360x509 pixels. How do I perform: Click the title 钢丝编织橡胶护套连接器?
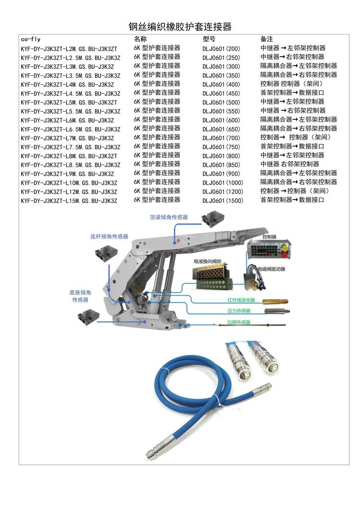[180, 26]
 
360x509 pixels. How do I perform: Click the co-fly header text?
[31, 39]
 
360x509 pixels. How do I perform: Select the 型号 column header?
[209, 39]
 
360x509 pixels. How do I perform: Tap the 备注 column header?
[266, 39]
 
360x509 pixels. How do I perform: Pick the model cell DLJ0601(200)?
[221, 48]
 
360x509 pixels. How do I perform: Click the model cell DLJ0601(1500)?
[223, 201]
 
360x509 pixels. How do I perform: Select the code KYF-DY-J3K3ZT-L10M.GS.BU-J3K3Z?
[69, 183]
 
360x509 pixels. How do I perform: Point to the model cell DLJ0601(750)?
[221, 147]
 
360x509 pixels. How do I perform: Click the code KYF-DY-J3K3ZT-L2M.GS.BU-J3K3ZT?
[69, 49]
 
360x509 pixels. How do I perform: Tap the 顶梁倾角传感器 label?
[168, 217]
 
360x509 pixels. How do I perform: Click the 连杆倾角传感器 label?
[109, 237]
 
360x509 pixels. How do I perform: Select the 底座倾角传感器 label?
[80, 296]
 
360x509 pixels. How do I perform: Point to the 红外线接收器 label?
[241, 300]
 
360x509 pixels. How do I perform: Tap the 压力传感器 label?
[239, 311]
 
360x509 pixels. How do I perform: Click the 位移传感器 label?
[239, 322]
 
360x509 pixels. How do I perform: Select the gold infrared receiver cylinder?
[275, 302]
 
